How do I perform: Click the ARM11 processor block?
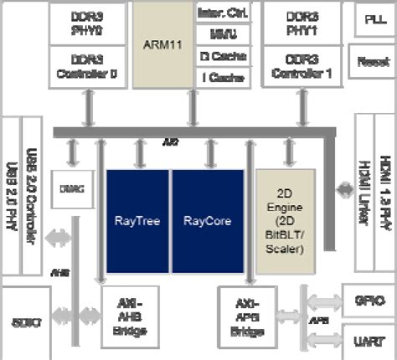(x=163, y=47)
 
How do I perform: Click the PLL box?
(x=371, y=19)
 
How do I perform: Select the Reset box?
(x=371, y=61)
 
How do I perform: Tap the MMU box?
(x=216, y=35)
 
